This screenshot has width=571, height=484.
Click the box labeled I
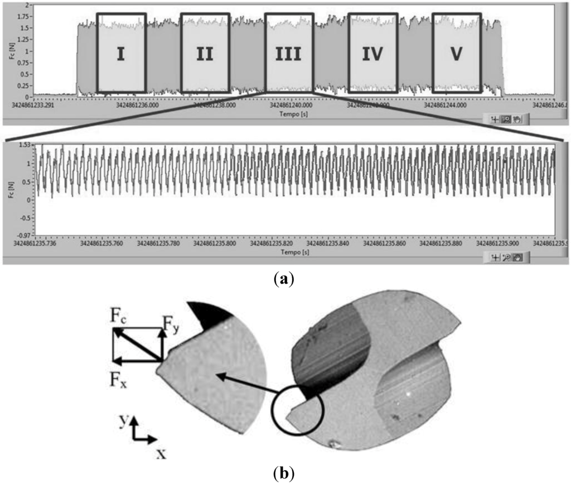[x=121, y=53]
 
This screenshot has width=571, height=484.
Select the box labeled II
[x=205, y=53]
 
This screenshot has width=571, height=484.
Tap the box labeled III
[x=288, y=53]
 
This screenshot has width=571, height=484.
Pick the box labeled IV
[x=372, y=53]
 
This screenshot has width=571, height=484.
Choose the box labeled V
[x=457, y=53]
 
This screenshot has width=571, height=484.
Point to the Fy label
[x=170, y=322]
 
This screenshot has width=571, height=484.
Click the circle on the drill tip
[x=297, y=408]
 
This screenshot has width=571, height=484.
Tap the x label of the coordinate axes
[x=161, y=453]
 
